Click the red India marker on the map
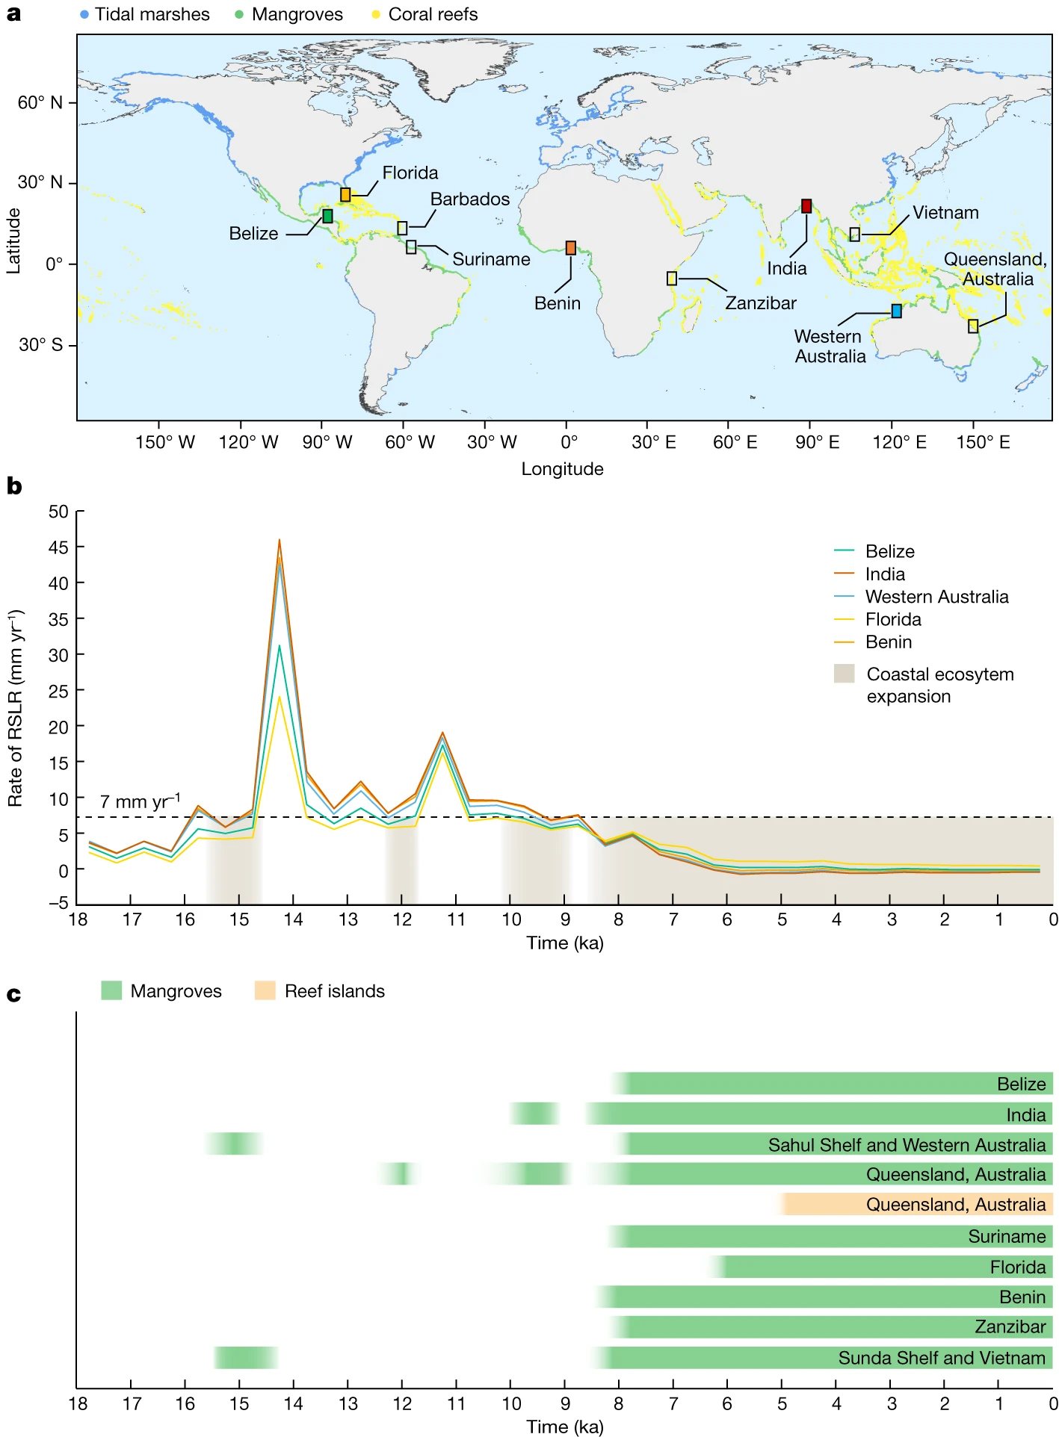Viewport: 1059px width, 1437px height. coord(806,206)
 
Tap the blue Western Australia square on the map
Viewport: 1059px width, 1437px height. coord(896,311)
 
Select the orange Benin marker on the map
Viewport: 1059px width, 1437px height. coord(571,248)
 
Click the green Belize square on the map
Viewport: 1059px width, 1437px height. coord(327,216)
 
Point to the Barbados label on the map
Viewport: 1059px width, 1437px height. coord(469,199)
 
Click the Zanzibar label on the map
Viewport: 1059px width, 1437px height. coord(760,303)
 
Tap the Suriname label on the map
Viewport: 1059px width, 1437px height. coord(491,259)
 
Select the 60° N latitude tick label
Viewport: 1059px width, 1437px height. coord(40,102)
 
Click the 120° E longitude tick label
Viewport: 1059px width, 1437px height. coord(899,442)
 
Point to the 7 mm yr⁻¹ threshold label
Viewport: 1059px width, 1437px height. coord(140,801)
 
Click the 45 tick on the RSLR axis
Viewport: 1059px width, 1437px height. coord(58,547)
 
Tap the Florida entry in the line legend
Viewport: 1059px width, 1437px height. coord(893,619)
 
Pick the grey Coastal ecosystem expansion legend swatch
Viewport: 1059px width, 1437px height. coord(844,673)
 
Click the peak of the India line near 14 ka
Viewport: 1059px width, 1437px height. coord(280,540)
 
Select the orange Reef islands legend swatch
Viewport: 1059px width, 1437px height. coord(265,990)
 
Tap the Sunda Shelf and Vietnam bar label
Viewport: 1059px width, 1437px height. coord(941,1358)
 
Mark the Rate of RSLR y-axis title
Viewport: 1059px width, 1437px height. coord(16,708)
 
